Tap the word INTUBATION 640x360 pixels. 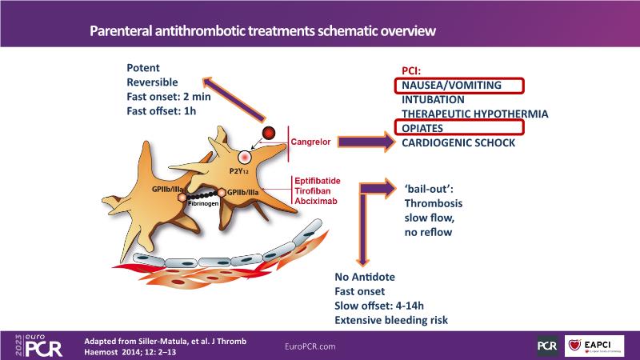click(x=433, y=100)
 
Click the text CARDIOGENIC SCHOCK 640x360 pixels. click(x=458, y=143)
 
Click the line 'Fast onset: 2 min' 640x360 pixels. click(x=169, y=95)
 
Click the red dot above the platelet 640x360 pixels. click(x=270, y=133)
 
